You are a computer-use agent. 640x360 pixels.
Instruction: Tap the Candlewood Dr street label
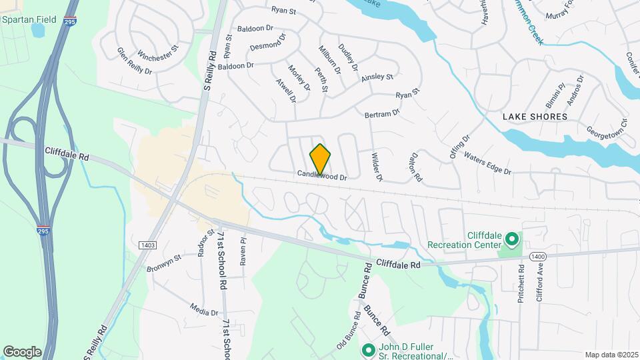tap(323, 177)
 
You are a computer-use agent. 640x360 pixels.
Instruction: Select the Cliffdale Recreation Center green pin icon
tap(511, 238)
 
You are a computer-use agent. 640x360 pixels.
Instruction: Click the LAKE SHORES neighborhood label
tap(535, 117)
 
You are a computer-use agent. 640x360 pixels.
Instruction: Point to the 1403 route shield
tap(147, 245)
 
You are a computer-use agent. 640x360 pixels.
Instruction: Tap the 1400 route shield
tap(538, 256)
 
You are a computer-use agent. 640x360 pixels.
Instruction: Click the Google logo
tap(22, 351)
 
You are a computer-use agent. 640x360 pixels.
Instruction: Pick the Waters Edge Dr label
tap(487, 164)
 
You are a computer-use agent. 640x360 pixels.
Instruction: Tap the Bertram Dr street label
tap(382, 115)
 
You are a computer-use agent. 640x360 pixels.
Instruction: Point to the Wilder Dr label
tap(377, 167)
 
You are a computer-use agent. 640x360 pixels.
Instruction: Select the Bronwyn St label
tap(164, 263)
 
